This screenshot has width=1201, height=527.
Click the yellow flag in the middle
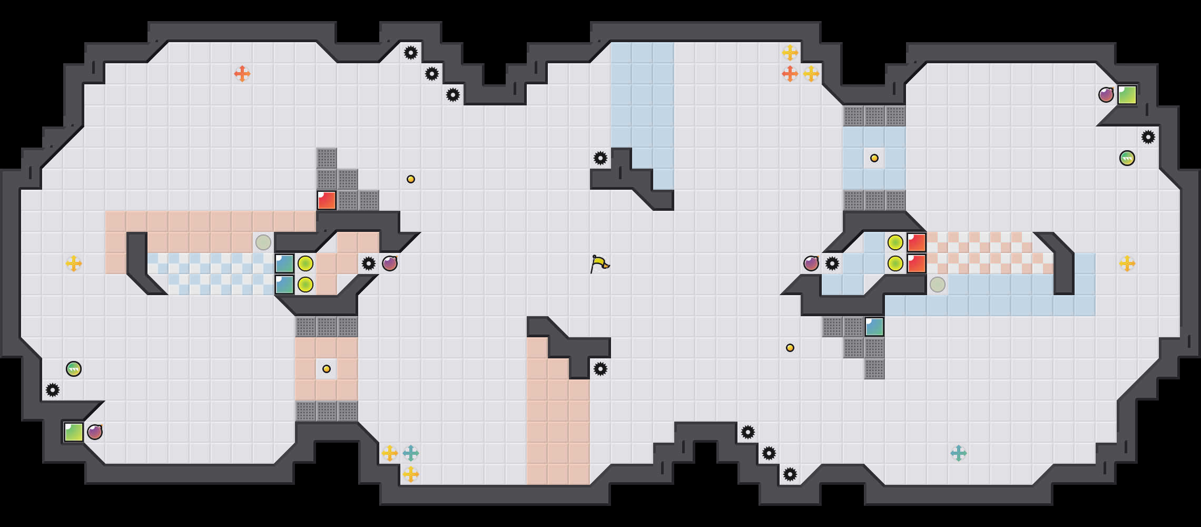pyautogui.click(x=599, y=263)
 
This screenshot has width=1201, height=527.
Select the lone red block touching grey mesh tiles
pyautogui.click(x=327, y=200)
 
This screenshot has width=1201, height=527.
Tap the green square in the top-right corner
pyautogui.click(x=1127, y=95)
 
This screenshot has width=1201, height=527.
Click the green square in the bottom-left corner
pyautogui.click(x=74, y=432)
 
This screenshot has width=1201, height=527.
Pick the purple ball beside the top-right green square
pyautogui.click(x=1106, y=95)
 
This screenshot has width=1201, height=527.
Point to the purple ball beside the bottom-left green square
pyautogui.click(x=95, y=432)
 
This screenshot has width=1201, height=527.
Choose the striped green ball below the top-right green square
pyautogui.click(x=1127, y=158)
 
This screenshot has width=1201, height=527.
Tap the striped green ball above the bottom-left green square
pyautogui.click(x=74, y=369)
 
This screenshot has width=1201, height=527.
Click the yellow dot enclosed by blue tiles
pyautogui.click(x=874, y=158)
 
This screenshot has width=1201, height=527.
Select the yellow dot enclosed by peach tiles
pyautogui.click(x=327, y=369)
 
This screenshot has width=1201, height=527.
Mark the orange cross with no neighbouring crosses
pyautogui.click(x=242, y=74)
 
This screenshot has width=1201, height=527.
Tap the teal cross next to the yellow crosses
pyautogui.click(x=411, y=453)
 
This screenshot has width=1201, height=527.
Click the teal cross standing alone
pyautogui.click(x=959, y=453)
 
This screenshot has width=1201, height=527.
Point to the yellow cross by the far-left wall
pyautogui.click(x=74, y=263)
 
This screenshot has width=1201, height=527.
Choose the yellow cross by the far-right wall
pyautogui.click(x=1127, y=263)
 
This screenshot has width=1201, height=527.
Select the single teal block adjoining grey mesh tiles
pyautogui.click(x=874, y=327)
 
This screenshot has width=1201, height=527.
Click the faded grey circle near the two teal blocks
pyautogui.click(x=263, y=242)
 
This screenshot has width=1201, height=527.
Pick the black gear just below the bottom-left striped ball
pyautogui.click(x=53, y=390)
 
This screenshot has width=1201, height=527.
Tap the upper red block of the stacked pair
pyautogui.click(x=917, y=242)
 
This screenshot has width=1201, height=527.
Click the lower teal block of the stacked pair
pyautogui.click(x=284, y=285)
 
